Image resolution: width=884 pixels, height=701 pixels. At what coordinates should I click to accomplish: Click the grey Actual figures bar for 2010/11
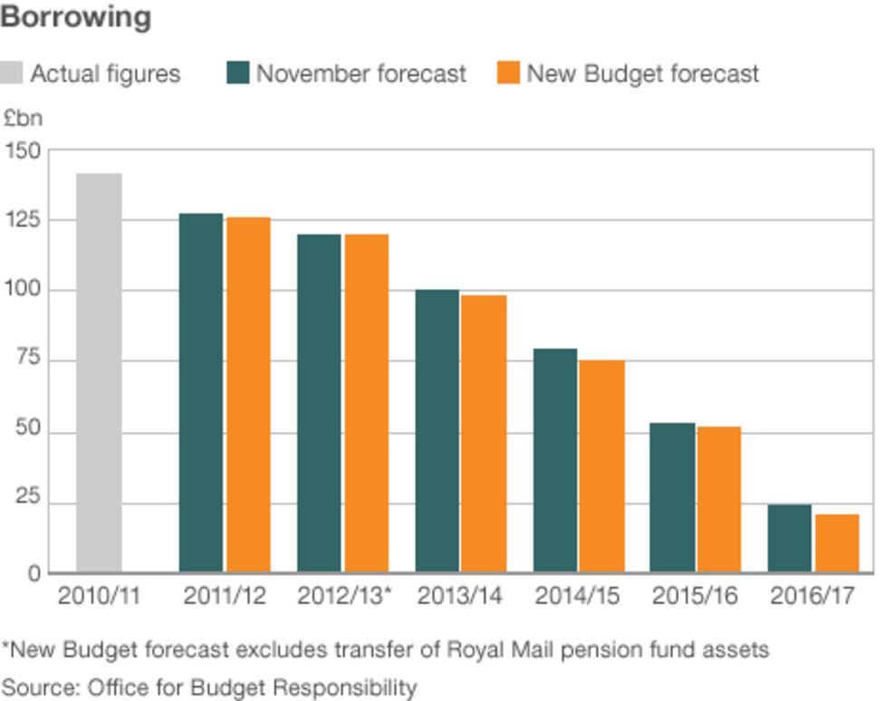(99, 373)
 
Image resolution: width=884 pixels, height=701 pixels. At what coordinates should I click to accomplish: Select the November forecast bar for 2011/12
(200, 393)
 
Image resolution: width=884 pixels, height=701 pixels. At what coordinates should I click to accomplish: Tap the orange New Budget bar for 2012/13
(366, 404)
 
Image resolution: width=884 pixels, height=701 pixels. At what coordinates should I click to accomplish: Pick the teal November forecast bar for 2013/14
(437, 431)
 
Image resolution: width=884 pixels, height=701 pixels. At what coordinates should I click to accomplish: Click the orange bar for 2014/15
(601, 466)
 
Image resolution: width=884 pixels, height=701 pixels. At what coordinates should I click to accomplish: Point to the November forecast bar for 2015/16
(673, 497)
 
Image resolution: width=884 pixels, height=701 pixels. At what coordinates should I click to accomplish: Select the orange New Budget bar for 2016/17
(837, 543)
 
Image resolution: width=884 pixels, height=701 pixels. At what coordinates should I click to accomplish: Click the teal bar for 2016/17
(790, 539)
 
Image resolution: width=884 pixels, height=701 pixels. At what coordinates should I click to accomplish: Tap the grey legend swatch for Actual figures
(12, 73)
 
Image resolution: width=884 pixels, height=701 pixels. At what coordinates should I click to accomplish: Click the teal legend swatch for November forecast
(237, 73)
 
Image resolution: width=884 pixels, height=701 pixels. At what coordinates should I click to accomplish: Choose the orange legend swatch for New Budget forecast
(509, 73)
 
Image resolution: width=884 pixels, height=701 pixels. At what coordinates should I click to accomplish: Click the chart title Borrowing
(76, 17)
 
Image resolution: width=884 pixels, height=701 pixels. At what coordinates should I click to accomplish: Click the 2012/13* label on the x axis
(345, 597)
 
